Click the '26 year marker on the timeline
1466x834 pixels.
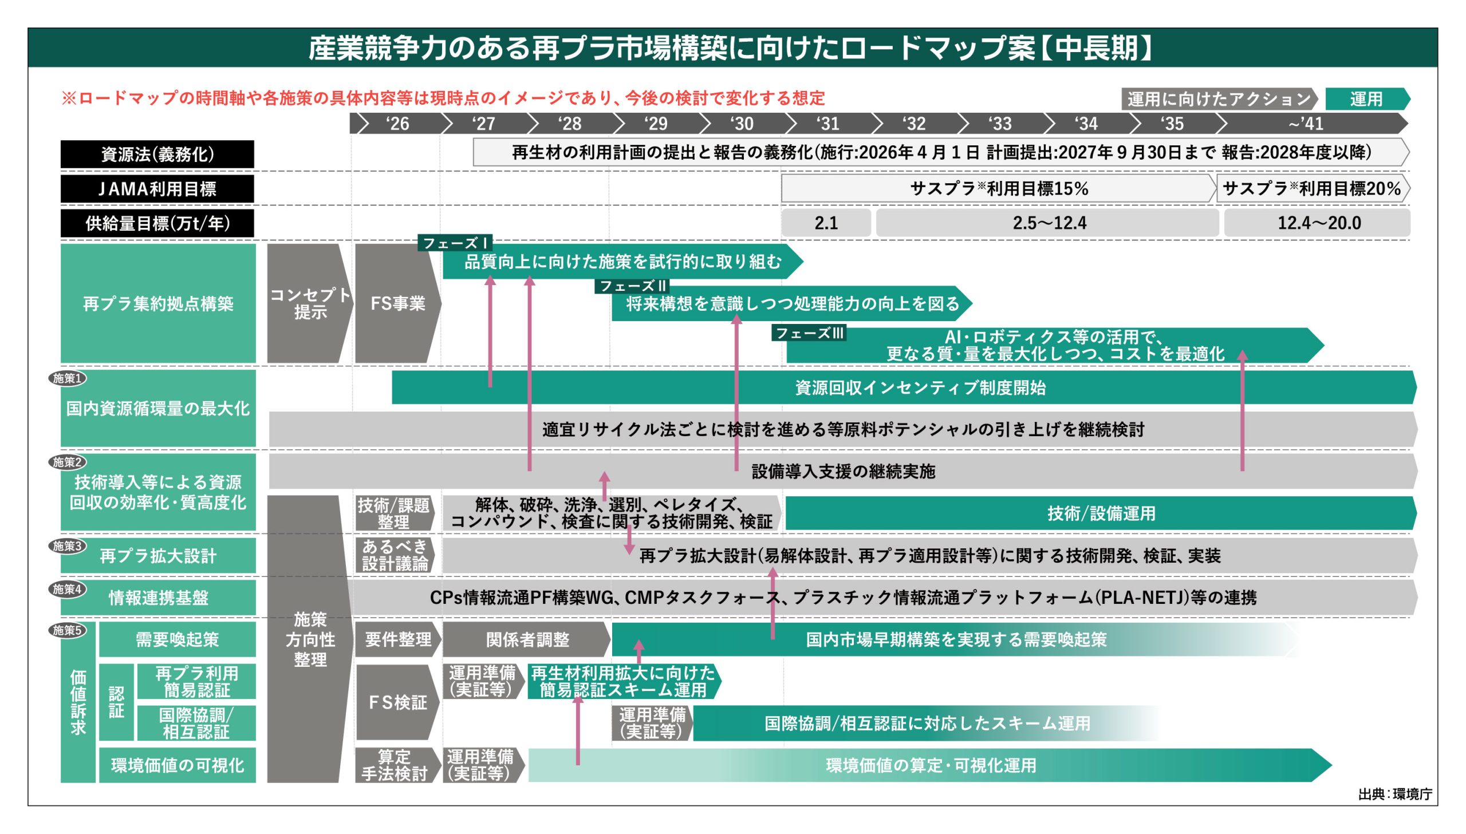click(397, 123)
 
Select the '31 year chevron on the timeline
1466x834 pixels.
click(828, 123)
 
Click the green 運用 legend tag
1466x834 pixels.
click(1366, 99)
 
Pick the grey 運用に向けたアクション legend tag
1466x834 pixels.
click(1218, 99)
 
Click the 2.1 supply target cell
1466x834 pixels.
click(826, 223)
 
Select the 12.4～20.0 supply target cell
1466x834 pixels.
click(1318, 223)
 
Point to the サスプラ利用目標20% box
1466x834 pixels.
click(1311, 188)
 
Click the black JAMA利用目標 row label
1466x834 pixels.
click(157, 188)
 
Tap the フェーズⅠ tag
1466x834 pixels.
click(455, 243)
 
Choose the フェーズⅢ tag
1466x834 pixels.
click(809, 333)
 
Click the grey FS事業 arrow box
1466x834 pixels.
click(397, 303)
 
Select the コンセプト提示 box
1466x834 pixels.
click(309, 303)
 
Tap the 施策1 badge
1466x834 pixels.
click(68, 378)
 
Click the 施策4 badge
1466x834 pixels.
click(68, 589)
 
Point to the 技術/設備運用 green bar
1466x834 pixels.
click(1100, 513)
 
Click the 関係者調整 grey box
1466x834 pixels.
click(526, 639)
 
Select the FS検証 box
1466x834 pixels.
click(397, 702)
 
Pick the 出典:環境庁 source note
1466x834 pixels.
click(1394, 794)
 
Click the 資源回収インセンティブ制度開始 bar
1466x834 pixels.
click(920, 388)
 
